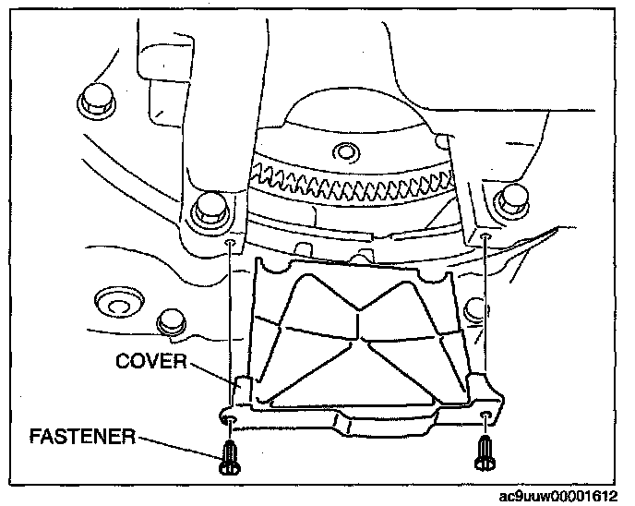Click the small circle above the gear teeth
point(346,151)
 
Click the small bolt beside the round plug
point(168,320)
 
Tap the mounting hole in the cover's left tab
point(229,420)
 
